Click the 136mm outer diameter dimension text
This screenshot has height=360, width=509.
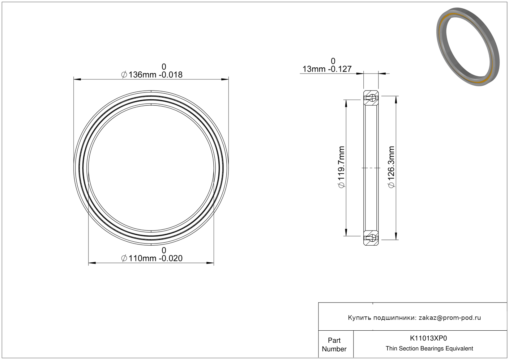152,75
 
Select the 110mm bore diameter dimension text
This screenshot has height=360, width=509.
152,258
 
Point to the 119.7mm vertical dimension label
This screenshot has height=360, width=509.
341,167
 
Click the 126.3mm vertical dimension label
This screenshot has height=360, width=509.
391,167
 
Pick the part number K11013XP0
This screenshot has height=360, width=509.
428,338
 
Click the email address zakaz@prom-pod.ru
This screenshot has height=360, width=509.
450,318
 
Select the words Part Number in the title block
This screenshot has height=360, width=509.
334,345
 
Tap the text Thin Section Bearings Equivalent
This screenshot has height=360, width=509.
429,349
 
